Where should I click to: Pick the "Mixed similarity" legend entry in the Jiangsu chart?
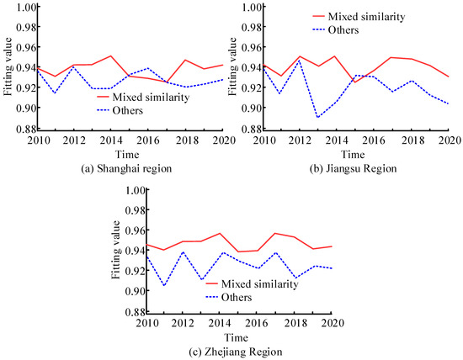pos(354,16)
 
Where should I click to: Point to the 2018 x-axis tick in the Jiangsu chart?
pos(407,139)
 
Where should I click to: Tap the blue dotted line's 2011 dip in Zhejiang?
pos(164,286)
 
